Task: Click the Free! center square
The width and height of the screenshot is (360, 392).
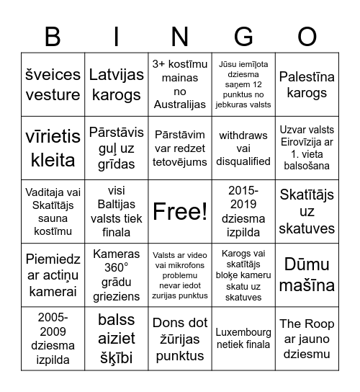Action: click(180, 211)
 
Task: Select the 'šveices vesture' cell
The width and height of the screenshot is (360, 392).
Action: click(53, 84)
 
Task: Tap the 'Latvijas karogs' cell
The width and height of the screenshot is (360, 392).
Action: click(117, 84)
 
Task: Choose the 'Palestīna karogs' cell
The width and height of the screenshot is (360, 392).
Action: click(307, 84)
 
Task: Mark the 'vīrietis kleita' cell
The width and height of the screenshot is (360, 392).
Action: click(53, 148)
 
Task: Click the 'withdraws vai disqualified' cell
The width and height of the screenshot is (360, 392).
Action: click(243, 148)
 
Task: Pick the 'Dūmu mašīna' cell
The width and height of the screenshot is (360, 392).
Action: click(307, 275)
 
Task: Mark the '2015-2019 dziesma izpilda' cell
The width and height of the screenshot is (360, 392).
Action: click(243, 211)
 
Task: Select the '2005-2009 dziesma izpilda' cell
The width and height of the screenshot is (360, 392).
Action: click(53, 338)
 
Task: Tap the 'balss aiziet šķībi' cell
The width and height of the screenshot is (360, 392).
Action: click(117, 338)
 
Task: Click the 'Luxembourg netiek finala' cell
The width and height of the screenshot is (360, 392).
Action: click(243, 338)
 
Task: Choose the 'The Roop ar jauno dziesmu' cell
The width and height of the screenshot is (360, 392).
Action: click(307, 338)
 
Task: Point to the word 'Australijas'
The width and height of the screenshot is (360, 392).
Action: click(180, 105)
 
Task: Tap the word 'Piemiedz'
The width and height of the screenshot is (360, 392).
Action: click(53, 260)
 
